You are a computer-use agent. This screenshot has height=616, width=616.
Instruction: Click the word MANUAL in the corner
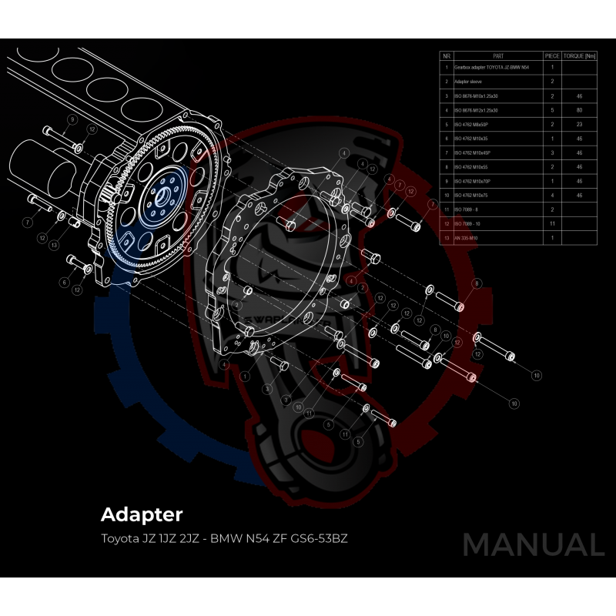(x=533, y=544)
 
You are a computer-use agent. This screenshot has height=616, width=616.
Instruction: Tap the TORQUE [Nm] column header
(x=579, y=56)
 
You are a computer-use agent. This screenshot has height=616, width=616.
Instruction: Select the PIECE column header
(x=552, y=56)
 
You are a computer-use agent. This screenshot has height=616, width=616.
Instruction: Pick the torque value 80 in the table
(x=579, y=110)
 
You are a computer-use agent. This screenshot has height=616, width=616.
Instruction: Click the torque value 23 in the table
(x=579, y=124)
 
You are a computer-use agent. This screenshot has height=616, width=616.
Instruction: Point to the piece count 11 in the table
(x=552, y=223)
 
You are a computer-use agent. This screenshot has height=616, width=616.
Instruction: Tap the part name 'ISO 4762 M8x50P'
(x=472, y=124)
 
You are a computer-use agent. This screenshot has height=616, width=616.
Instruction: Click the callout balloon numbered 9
(x=72, y=119)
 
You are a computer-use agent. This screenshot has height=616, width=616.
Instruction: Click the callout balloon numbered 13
(x=54, y=245)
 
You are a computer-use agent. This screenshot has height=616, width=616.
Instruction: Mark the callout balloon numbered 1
(x=244, y=377)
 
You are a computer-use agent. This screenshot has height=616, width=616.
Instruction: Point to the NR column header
(x=446, y=56)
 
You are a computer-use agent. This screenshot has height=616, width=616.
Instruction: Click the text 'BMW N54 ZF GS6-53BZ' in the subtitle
(x=284, y=537)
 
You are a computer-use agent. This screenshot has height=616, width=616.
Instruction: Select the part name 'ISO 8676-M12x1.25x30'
(x=477, y=110)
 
